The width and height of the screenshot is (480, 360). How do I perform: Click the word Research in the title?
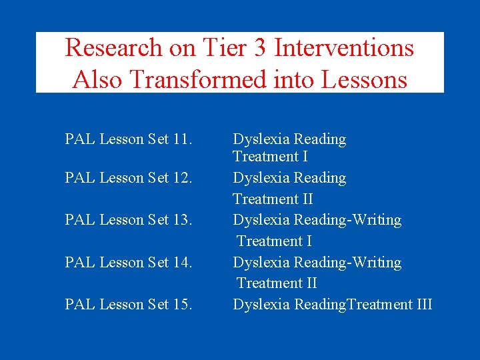click(x=113, y=48)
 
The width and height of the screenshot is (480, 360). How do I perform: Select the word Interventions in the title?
click(x=344, y=48)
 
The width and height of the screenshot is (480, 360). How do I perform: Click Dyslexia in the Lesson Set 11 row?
click(x=261, y=139)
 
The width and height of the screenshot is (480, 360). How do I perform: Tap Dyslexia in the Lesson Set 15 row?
click(x=261, y=305)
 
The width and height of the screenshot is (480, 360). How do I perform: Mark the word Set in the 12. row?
click(x=158, y=178)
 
